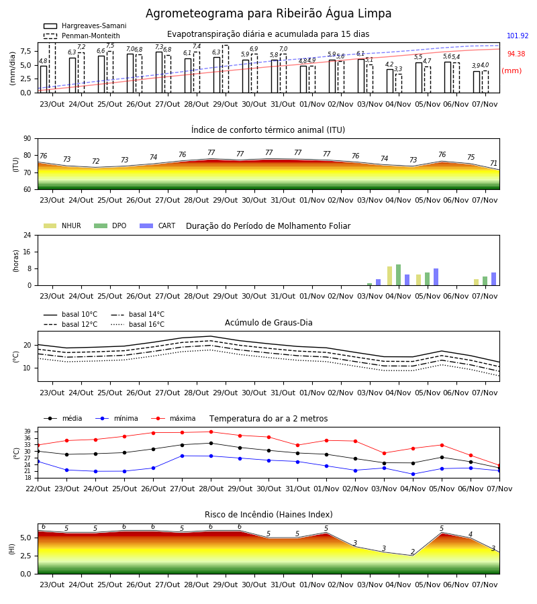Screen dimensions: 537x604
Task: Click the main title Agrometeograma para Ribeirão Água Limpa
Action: click(268, 13)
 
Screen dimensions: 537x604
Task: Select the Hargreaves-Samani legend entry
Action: click(85, 26)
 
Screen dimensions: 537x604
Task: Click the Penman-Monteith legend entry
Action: click(82, 36)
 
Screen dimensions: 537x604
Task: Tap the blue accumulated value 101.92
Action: click(518, 36)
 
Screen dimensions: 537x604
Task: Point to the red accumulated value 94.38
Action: click(516, 54)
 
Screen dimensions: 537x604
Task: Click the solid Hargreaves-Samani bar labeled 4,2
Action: click(390, 81)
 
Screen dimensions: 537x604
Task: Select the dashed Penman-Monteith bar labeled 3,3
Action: click(399, 84)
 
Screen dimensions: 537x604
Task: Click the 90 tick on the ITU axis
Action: click(27, 139)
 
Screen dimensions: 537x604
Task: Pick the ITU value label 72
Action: click(95, 161)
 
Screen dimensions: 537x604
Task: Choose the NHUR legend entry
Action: click(62, 225)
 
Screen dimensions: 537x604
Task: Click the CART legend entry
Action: click(158, 225)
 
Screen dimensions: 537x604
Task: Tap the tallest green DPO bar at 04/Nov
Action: click(398, 275)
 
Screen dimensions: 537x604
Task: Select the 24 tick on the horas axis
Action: click(28, 236)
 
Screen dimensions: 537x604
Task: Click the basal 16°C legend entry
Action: click(138, 324)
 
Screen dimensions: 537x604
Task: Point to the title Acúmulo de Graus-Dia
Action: click(268, 323)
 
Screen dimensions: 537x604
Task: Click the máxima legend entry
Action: click(173, 418)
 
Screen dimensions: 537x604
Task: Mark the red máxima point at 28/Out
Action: click(211, 432)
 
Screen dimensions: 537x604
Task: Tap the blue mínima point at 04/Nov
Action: click(413, 474)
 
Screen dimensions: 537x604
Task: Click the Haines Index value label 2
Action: click(413, 552)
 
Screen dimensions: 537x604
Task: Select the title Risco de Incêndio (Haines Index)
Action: click(268, 515)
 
